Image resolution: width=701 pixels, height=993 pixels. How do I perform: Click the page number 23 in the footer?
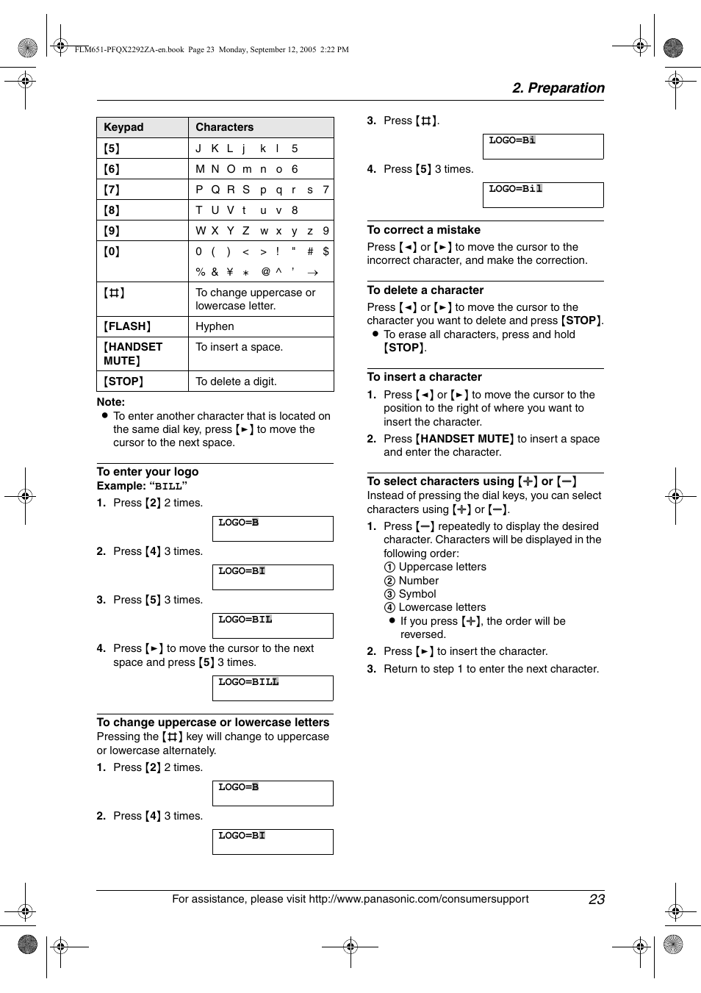click(596, 899)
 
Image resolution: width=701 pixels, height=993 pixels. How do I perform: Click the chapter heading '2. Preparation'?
click(558, 88)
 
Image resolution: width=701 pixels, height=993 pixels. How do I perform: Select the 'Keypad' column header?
click(123, 127)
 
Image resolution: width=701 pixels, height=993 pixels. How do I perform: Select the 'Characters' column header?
click(224, 127)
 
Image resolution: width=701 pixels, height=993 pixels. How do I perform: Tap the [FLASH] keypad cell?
click(127, 326)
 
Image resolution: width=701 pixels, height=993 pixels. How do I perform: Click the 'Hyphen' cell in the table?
click(215, 326)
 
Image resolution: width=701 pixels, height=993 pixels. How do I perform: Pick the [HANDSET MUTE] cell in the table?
click(132, 354)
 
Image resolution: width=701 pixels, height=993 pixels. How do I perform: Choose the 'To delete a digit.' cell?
click(235, 381)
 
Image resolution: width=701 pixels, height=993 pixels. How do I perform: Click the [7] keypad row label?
click(112, 190)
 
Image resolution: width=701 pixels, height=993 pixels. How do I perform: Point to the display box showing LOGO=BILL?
click(273, 688)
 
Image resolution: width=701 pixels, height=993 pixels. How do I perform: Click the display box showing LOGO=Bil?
click(543, 195)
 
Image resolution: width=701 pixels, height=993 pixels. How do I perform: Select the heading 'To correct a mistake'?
click(424, 230)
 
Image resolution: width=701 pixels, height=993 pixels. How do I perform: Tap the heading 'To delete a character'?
click(425, 290)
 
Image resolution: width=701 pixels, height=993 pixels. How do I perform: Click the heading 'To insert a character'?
click(425, 377)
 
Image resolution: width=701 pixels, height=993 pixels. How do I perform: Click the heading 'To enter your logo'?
click(148, 472)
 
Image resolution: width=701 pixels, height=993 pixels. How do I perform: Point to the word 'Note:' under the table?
click(111, 402)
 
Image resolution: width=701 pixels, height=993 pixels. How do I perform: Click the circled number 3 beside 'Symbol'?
click(389, 594)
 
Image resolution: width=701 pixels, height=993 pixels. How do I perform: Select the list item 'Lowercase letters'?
click(442, 607)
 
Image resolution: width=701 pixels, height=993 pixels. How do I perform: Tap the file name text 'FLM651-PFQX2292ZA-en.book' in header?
click(129, 50)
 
